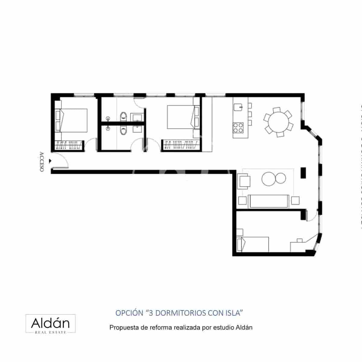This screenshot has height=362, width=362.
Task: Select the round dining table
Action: pos(278,122)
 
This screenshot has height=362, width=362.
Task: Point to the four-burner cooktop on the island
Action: pos(238,127)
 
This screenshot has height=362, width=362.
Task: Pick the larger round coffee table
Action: pos(268,179)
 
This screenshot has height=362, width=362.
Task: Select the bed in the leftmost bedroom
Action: pos(72,120)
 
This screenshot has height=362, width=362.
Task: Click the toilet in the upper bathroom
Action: pos(124,116)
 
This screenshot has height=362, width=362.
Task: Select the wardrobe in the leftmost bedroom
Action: pos(69,145)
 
